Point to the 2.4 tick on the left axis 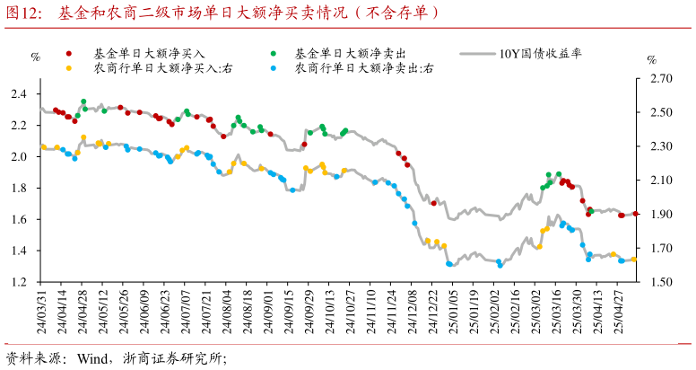point(19,93)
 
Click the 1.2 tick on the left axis point(19,282)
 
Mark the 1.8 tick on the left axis point(19,188)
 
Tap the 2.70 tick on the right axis point(660,79)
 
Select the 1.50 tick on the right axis point(660,282)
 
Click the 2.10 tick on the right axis point(660,181)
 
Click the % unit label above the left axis point(36,57)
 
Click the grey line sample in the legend point(477,53)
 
